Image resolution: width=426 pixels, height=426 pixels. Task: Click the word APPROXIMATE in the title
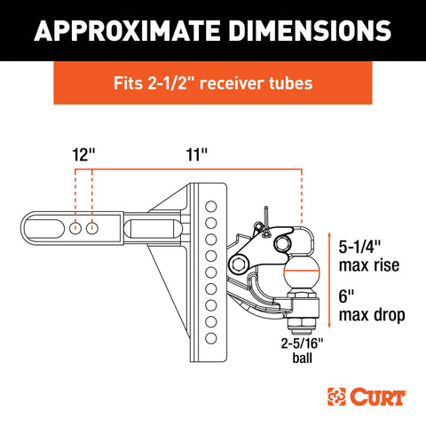tap(128, 30)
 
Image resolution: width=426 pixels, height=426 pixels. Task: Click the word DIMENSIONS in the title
tap(311, 30)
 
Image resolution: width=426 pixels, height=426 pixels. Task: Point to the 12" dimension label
tap(83, 154)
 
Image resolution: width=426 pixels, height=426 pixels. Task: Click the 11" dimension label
tap(197, 154)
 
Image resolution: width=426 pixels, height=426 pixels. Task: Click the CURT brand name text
tap(378, 397)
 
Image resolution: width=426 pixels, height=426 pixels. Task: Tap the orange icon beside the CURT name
tap(336, 397)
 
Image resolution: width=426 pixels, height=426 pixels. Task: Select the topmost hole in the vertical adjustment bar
tap(211, 207)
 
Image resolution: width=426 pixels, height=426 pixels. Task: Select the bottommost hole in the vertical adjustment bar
tap(211, 338)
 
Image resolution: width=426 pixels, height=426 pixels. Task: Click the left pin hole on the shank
tap(75, 228)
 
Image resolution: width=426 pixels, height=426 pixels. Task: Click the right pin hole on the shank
tap(92, 228)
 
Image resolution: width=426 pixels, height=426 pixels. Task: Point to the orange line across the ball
tap(302, 271)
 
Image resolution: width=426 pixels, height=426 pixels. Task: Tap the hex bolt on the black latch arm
tap(238, 264)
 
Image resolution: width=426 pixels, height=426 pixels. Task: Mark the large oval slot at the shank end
tap(44, 228)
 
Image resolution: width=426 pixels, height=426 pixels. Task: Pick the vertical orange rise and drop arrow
tap(329, 280)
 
